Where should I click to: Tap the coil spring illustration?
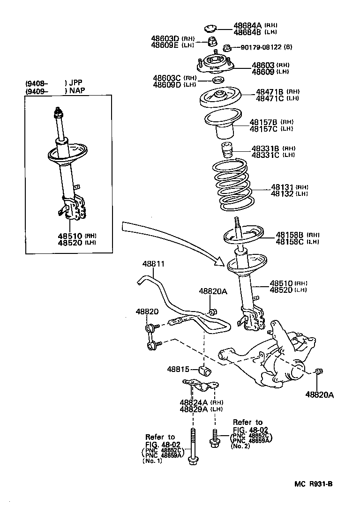pos(232,185)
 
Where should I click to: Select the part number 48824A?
pos(193,402)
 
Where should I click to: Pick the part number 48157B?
pos(265,122)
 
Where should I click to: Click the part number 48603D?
pos(165,38)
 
